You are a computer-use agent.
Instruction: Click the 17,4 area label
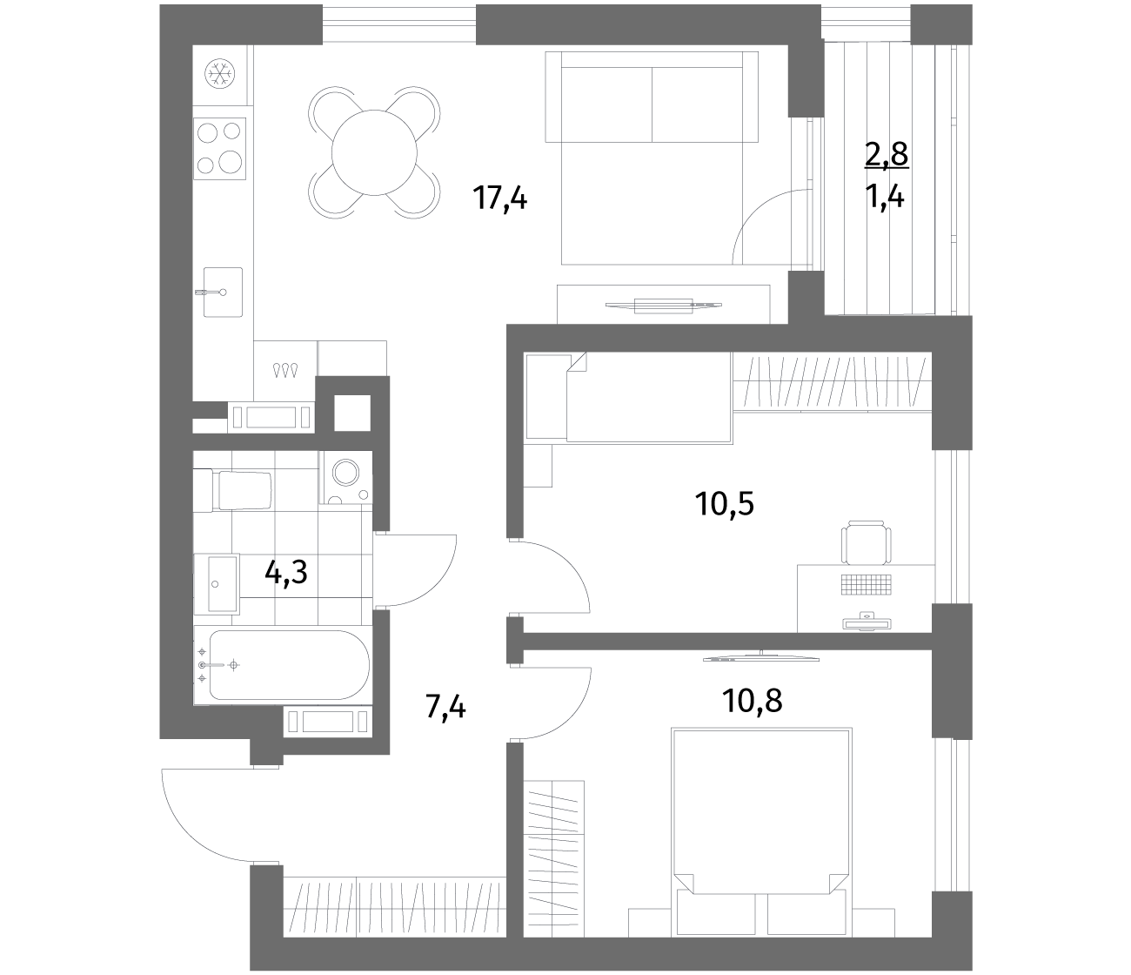point(500,198)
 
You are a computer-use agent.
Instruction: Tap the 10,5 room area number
point(725,504)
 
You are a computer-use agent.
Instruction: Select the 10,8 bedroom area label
point(752,701)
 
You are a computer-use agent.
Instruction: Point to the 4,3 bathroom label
point(285,573)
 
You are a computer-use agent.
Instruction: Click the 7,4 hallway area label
point(445,706)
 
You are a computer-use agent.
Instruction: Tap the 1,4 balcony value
point(884,197)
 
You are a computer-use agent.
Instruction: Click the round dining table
point(374,152)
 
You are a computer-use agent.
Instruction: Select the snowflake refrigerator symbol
point(219,74)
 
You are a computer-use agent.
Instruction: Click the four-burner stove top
point(219,148)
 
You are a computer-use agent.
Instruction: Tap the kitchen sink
point(223,292)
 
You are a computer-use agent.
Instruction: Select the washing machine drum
point(345,473)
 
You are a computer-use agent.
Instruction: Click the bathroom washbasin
point(216,583)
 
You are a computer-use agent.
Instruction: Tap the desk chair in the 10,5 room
point(866,542)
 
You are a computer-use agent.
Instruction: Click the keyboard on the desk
point(866,584)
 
